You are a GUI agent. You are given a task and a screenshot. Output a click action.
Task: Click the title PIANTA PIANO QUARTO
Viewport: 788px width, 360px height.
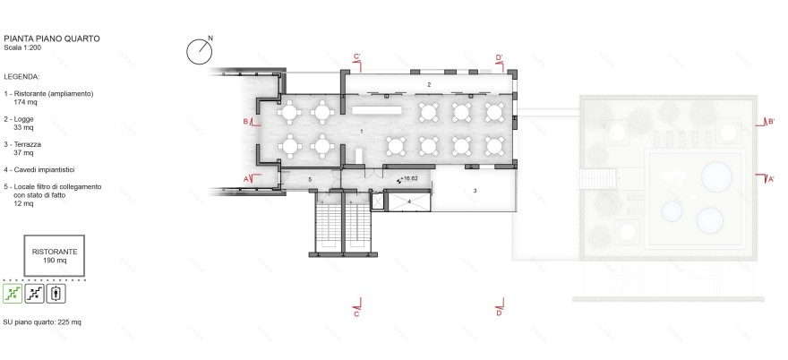point(51,39)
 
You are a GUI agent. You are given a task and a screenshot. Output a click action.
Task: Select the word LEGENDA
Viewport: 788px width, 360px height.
point(21,77)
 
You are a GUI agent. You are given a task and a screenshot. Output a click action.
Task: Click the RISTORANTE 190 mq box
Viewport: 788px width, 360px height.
point(55,256)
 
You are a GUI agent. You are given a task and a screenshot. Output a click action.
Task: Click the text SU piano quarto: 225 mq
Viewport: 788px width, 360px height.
point(42,321)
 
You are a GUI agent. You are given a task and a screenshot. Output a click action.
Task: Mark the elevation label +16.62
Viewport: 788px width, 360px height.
point(408,179)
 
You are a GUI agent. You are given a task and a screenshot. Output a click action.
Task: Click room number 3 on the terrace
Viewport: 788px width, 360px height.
point(475,191)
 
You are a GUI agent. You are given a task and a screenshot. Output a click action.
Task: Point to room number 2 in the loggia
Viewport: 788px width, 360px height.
point(429,84)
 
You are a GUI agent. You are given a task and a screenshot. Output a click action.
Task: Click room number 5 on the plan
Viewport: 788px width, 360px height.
point(310,180)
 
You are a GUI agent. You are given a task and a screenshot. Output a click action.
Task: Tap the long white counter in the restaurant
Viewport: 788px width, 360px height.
point(378,110)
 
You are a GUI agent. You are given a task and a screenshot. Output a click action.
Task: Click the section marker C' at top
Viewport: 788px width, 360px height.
point(356,57)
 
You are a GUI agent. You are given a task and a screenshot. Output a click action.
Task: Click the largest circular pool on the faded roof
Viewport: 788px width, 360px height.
point(717,174)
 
